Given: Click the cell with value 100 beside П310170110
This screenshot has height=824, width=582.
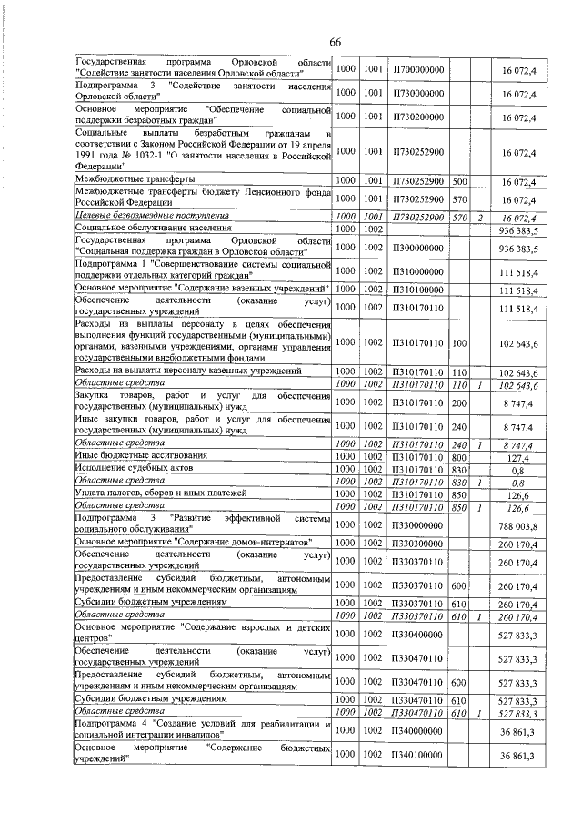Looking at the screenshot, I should coord(459,342).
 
